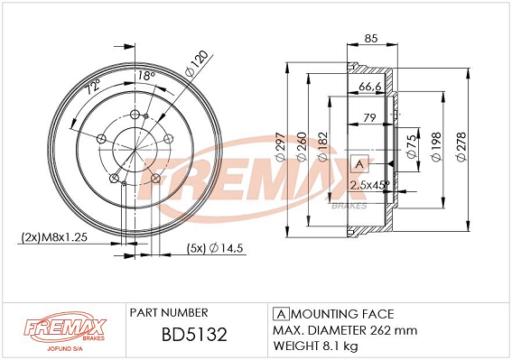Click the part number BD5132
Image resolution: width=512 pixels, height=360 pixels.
(194, 334)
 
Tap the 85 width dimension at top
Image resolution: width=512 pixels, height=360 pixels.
(371, 39)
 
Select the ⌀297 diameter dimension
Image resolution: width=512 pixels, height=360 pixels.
(281, 147)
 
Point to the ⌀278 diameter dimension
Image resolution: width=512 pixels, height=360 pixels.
(461, 147)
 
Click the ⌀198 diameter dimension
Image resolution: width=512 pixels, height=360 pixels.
(436, 147)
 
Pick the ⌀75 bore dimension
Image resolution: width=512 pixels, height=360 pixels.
(412, 146)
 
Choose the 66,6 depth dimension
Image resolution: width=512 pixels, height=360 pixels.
(370, 87)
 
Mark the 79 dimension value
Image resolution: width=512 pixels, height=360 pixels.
(369, 117)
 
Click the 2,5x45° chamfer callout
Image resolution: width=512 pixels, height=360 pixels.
(369, 185)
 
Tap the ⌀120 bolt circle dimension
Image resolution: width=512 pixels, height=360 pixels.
(196, 64)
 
